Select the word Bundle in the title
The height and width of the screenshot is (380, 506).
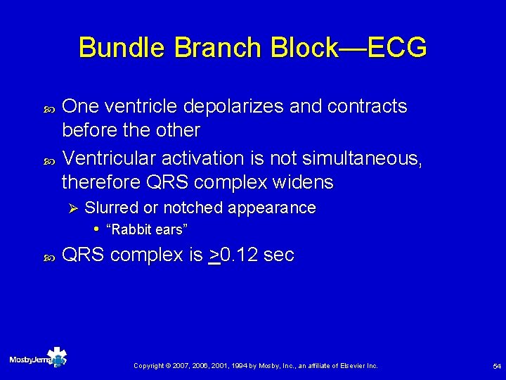click(121, 48)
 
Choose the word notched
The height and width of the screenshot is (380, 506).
click(192, 208)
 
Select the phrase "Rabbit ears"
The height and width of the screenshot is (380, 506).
click(146, 229)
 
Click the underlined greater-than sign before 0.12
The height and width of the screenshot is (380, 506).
click(214, 255)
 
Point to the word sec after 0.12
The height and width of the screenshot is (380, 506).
click(279, 255)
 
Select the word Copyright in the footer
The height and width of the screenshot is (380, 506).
click(149, 366)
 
